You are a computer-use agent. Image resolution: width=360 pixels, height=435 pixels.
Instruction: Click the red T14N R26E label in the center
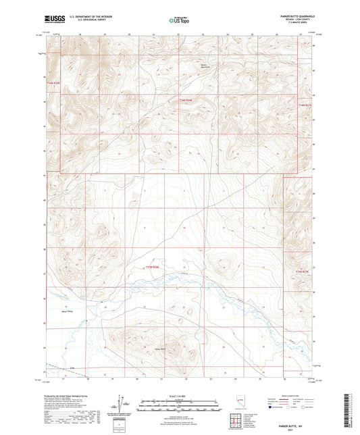(186, 101)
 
